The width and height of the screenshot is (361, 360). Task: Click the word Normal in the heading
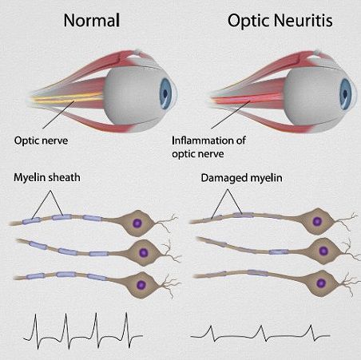[x=92, y=21]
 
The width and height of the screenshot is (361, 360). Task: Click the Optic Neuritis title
[x=280, y=21]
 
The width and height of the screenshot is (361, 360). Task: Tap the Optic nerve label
[x=41, y=140]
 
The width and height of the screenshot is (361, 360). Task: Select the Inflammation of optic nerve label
[x=208, y=147]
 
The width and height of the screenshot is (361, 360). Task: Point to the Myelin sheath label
[x=47, y=177]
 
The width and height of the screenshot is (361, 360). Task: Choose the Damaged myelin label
[x=241, y=178]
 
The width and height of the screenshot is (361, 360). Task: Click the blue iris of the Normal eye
[x=165, y=93]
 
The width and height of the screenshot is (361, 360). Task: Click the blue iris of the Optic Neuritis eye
[x=346, y=94]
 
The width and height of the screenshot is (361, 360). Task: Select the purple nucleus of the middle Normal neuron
[x=144, y=252]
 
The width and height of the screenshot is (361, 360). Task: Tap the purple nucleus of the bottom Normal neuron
[x=141, y=285]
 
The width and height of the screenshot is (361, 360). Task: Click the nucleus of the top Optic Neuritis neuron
[x=317, y=221]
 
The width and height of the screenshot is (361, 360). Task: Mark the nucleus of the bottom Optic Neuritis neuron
[x=321, y=283]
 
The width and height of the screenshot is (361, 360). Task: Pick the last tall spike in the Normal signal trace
[x=127, y=330]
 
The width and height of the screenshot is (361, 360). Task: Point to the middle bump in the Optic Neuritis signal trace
[x=262, y=334]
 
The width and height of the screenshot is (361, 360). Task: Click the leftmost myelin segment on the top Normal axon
[x=31, y=220]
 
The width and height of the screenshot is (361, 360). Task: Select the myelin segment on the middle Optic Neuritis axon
[x=279, y=251]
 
